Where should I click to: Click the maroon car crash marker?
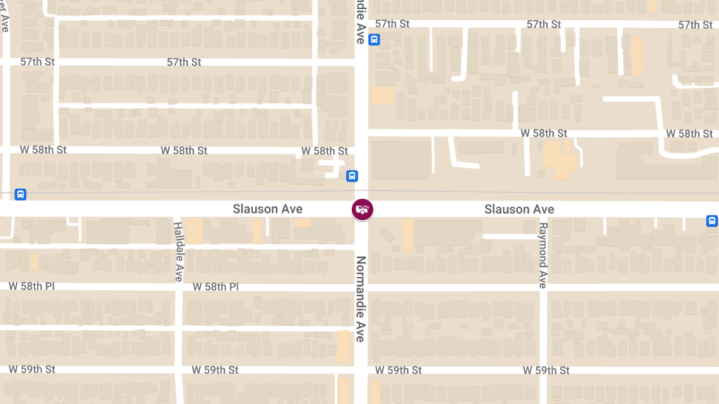coord(362,209)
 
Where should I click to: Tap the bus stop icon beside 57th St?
coord(374,40)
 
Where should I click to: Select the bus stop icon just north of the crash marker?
coord(352,176)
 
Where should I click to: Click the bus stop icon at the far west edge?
coord(20,195)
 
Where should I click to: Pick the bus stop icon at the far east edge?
coord(712,221)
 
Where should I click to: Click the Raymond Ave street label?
coord(543,256)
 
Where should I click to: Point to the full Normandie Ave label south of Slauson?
coord(361,299)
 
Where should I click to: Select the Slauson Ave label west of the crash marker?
coord(267,209)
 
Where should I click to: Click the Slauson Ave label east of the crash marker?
coord(519,209)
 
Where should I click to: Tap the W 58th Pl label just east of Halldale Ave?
coord(215,287)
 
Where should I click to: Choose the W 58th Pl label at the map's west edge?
coord(31,286)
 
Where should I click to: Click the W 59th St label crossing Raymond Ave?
coord(546,370)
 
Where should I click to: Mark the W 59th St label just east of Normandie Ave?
coord(398,370)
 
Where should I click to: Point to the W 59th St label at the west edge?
coord(32,369)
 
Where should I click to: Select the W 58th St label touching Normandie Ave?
coord(324,151)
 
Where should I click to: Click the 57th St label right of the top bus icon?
coord(392,24)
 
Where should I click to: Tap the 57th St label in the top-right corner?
coord(696,25)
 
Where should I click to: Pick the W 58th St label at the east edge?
coord(690,133)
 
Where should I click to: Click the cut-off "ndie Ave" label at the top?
coord(360,22)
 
